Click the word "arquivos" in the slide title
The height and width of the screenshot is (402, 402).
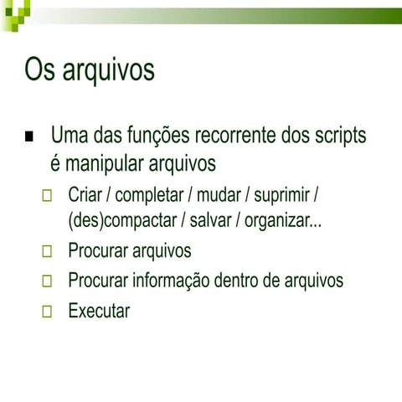tap(107, 70)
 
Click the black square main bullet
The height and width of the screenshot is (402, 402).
tap(31, 137)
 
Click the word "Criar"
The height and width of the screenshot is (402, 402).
tap(85, 196)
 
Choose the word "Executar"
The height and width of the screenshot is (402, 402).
tap(99, 312)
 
